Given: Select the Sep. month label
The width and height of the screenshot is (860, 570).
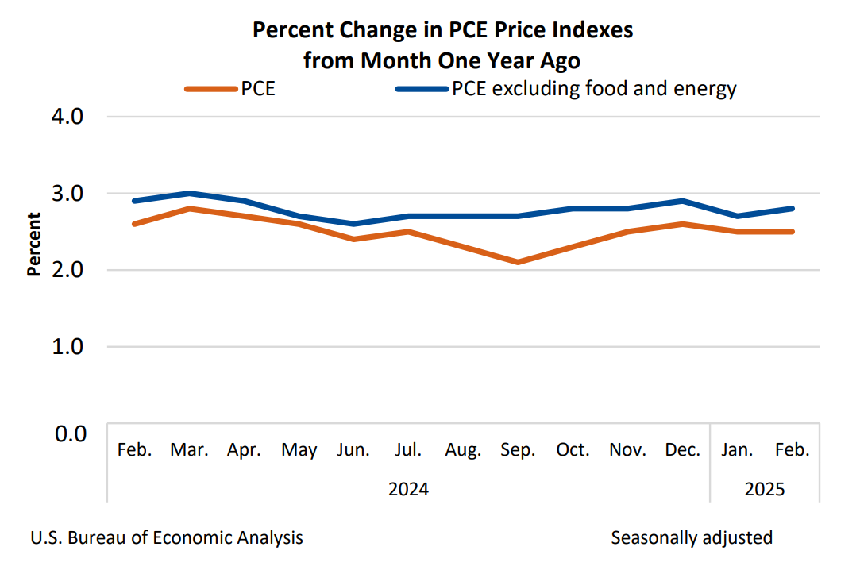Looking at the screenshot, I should click(518, 450).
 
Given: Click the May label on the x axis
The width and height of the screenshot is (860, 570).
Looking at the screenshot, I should click(299, 450).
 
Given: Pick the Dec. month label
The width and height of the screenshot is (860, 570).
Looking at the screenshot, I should click(682, 450).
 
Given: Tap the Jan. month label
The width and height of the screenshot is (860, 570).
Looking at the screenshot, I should click(737, 450).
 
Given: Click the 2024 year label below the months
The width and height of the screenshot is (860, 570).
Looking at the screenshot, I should click(408, 489).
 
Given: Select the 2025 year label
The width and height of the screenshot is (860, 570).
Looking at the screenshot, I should click(765, 489).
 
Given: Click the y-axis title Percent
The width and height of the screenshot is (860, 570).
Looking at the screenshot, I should click(34, 244).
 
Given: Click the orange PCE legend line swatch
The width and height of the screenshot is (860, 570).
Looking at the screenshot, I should click(210, 89).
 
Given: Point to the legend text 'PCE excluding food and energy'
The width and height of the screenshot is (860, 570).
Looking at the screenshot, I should click(594, 89).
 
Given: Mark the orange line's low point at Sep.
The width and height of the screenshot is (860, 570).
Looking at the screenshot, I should click(518, 262).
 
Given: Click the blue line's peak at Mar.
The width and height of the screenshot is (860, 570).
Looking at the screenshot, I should click(189, 193).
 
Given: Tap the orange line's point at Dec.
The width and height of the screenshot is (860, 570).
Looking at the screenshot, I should click(682, 224).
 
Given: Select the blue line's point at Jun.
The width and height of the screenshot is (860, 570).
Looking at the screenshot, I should click(353, 224).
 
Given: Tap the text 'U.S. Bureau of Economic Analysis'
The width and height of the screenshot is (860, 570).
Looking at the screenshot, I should click(167, 538).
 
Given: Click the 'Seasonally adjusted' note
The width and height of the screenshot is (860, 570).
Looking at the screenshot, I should click(692, 538).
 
